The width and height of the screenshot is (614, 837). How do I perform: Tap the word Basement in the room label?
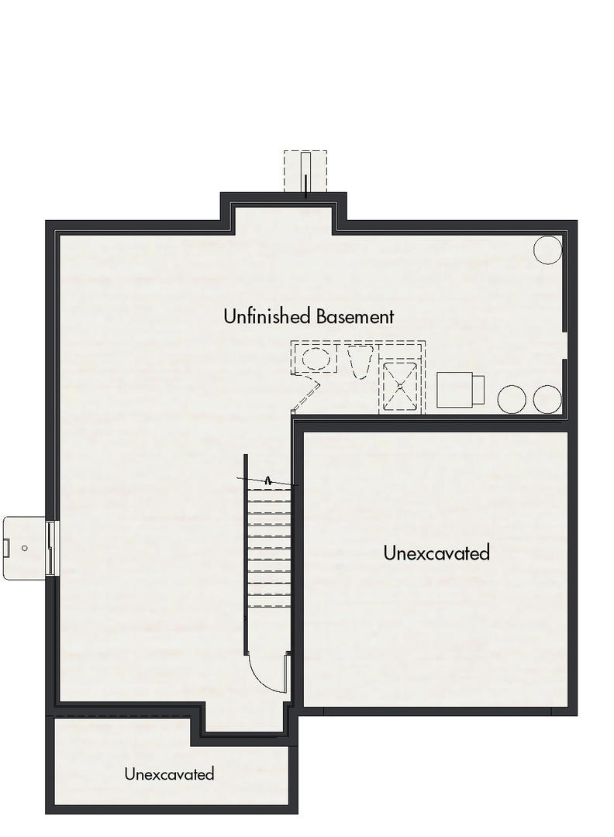(355, 316)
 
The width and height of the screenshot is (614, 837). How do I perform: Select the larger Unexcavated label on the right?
(436, 553)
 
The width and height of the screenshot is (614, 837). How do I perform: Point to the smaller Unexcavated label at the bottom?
(169, 773)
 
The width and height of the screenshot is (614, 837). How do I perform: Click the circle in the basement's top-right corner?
(548, 250)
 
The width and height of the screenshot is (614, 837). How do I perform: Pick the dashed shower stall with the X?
(401, 385)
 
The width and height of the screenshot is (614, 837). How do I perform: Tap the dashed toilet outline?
(357, 362)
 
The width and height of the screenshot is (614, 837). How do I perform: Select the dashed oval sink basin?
(316, 360)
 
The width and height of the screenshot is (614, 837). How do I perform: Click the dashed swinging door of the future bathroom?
(305, 395)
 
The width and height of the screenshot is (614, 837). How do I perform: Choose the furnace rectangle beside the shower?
(461, 390)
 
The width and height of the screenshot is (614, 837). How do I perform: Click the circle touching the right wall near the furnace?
(547, 399)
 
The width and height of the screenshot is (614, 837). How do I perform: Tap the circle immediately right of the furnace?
(512, 399)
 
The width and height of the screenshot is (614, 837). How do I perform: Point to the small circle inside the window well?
(25, 548)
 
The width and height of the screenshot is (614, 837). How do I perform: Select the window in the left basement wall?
(51, 547)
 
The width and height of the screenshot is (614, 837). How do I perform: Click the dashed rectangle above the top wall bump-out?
(305, 171)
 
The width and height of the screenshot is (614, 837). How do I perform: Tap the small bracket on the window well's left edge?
(6, 548)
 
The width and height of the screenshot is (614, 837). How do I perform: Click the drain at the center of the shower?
(401, 385)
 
